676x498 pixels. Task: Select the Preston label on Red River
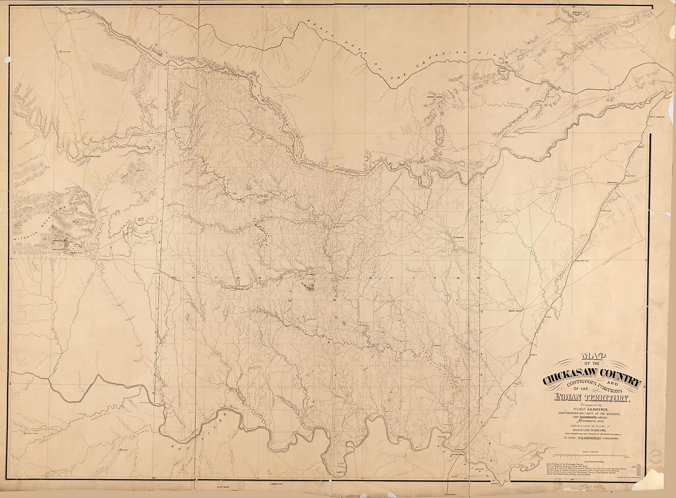point(442,437)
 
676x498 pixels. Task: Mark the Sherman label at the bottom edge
point(451,495)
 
